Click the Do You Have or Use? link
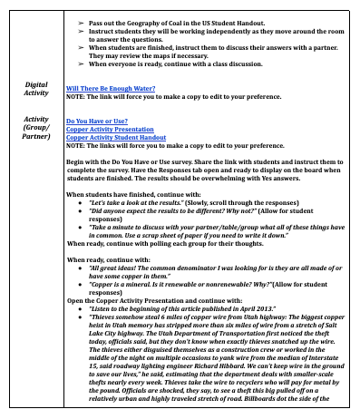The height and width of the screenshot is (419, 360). [x=97, y=121]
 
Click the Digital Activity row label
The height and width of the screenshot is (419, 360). [x=35, y=88]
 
